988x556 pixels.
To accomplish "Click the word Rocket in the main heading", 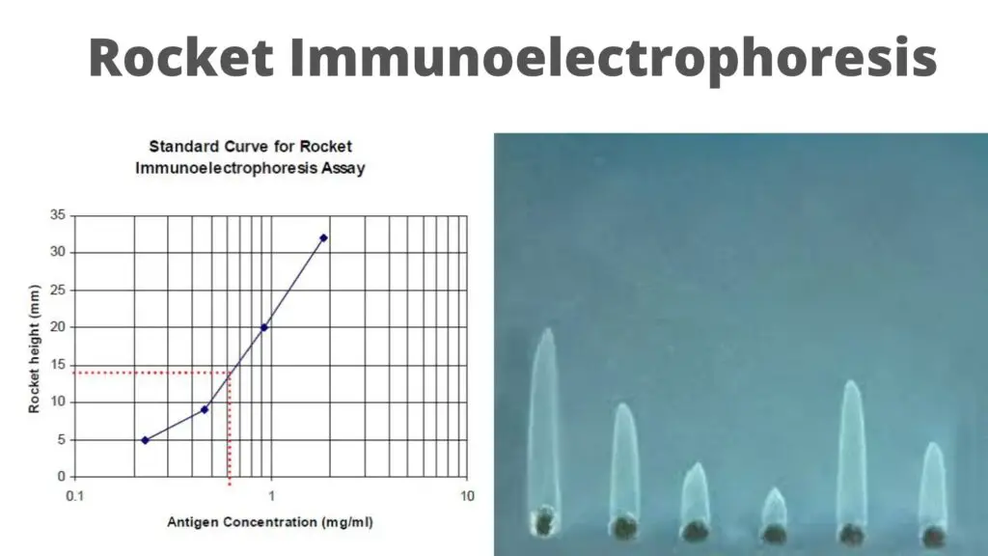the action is pyautogui.click(x=180, y=57).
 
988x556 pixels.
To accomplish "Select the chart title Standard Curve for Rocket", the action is pyautogui.click(x=250, y=147).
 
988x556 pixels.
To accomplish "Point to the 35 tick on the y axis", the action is pyautogui.click(x=58, y=215).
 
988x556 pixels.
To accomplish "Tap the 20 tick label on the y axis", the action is pyautogui.click(x=58, y=326).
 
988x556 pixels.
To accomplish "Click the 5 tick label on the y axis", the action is pyautogui.click(x=62, y=439).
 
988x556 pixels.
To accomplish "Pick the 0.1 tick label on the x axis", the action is pyautogui.click(x=75, y=496).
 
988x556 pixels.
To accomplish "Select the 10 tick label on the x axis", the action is pyautogui.click(x=467, y=496).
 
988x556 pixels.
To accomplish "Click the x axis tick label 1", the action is pyautogui.click(x=271, y=496).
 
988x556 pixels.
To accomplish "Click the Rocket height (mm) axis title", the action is pyautogui.click(x=34, y=349).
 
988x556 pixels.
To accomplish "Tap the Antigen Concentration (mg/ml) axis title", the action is pyautogui.click(x=270, y=522).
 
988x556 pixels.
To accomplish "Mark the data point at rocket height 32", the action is pyautogui.click(x=324, y=238).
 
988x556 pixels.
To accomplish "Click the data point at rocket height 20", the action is pyautogui.click(x=264, y=327).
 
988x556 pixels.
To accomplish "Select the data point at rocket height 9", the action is pyautogui.click(x=205, y=409).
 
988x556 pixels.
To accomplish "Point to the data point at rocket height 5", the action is pyautogui.click(x=146, y=440).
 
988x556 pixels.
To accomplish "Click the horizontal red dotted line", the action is pyautogui.click(x=151, y=373).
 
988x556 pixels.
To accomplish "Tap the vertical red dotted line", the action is pyautogui.click(x=230, y=429).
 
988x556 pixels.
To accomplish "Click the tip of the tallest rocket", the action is pyautogui.click(x=548, y=329).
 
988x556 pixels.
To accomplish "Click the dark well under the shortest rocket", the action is pyautogui.click(x=775, y=534).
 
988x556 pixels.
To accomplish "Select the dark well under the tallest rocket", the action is pyautogui.click(x=544, y=521).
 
